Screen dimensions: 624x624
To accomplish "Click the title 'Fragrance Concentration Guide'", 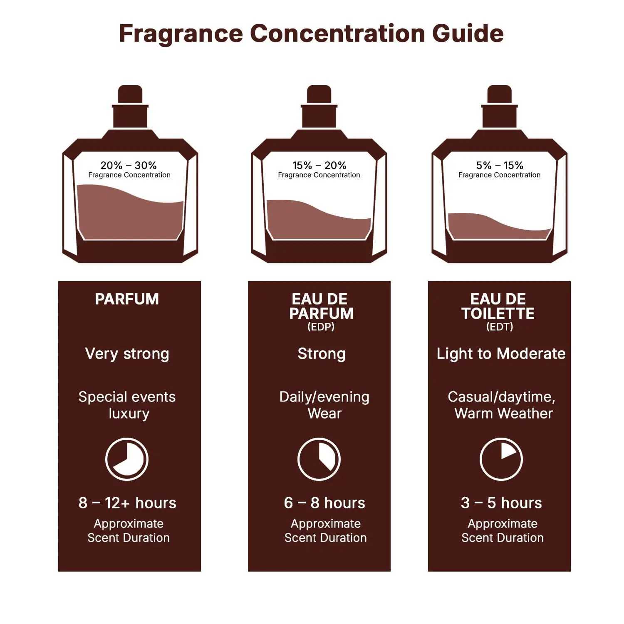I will click(311, 33).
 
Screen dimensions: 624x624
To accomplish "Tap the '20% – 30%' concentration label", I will click(129, 165).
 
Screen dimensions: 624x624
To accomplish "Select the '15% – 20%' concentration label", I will click(319, 165).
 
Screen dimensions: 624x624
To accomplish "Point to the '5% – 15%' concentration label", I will click(499, 165).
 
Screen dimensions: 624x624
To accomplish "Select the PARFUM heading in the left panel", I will click(127, 299).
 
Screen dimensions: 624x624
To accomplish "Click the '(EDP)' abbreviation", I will click(321, 327).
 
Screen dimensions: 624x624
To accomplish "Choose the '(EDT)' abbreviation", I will click(499, 327).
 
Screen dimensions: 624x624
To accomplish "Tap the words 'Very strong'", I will click(127, 354).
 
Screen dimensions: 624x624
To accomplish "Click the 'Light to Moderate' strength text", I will click(501, 354).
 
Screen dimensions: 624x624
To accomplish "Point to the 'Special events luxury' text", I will click(127, 405).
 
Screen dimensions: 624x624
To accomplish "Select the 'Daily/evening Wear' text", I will click(324, 405).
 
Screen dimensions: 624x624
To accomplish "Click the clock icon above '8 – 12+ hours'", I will click(126, 459).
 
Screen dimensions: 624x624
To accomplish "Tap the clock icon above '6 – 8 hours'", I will click(319, 459).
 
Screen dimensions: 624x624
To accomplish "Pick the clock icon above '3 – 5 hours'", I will click(501, 459).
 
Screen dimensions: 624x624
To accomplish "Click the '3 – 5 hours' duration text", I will click(501, 503).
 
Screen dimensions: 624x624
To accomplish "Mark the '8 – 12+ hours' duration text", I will click(127, 503).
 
